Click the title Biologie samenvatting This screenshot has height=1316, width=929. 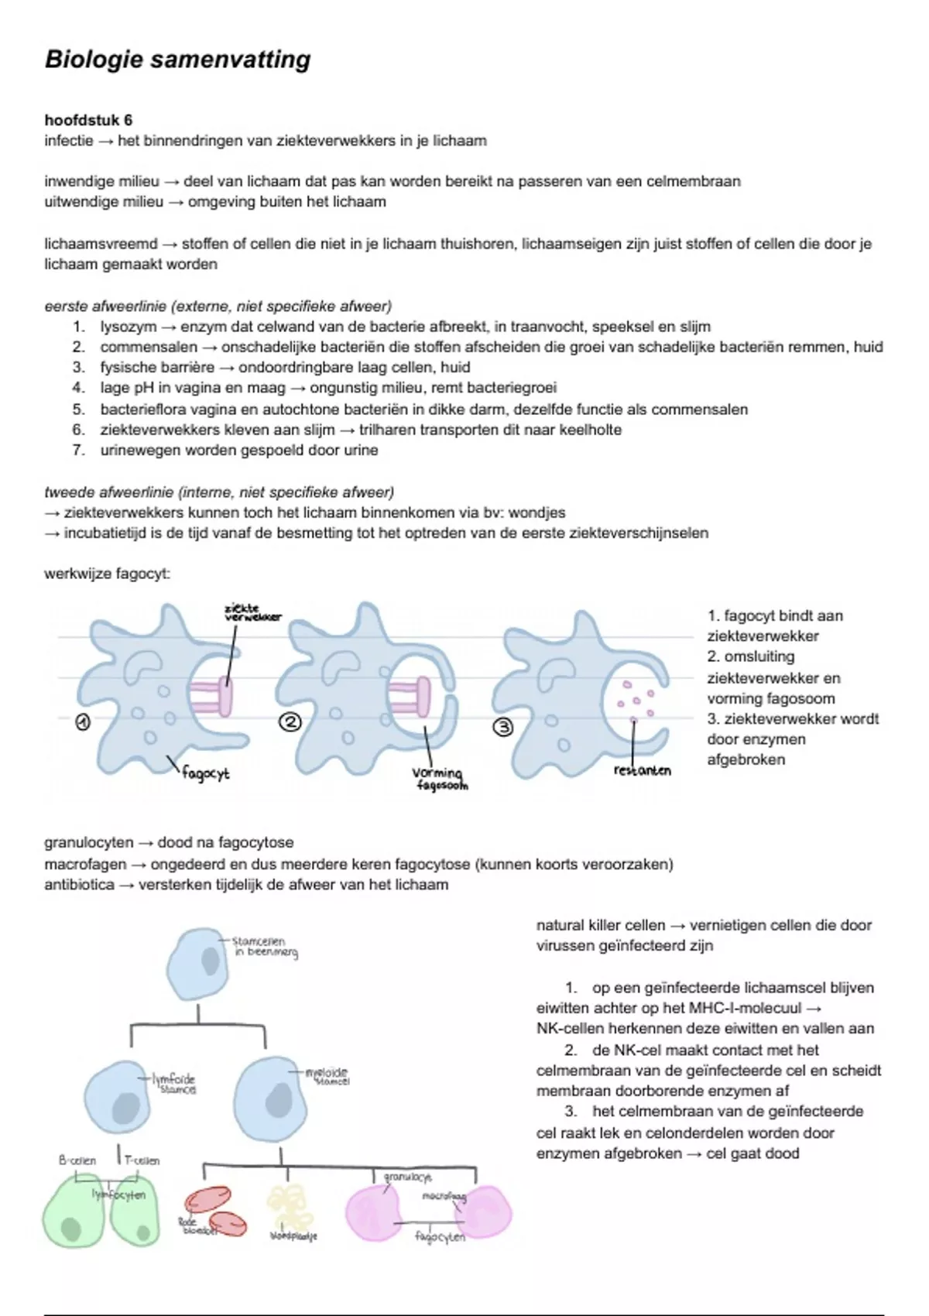click(177, 60)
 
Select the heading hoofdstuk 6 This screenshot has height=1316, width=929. click(88, 120)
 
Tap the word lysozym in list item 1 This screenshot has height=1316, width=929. click(128, 327)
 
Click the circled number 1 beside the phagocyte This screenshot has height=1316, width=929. click(82, 722)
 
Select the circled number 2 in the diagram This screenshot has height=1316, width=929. click(290, 722)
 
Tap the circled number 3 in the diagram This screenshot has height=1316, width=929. click(504, 727)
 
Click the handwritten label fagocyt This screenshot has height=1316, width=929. click(206, 773)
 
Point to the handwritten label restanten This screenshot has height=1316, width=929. click(642, 770)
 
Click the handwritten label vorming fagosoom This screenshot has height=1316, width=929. click(438, 778)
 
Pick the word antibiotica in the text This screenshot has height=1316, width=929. click(79, 884)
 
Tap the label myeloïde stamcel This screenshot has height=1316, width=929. click(327, 1076)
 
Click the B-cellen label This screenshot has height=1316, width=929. click(77, 1160)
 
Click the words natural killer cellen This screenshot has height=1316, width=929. click(600, 925)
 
